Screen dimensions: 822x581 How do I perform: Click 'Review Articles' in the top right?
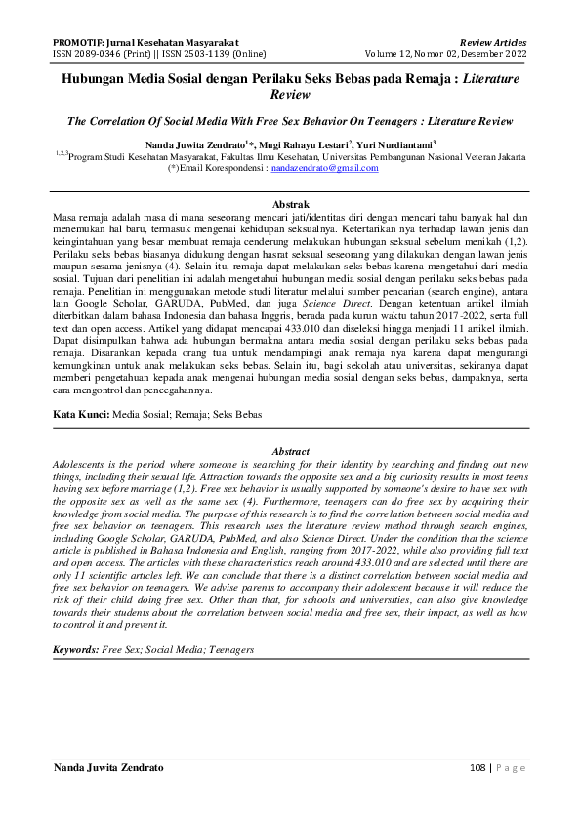pyautogui.click(x=493, y=43)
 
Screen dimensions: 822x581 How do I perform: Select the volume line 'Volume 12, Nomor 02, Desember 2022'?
pyautogui.click(x=446, y=54)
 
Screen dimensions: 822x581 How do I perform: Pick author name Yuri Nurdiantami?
pyautogui.click(x=408, y=143)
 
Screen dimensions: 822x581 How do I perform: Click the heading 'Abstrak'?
pyautogui.click(x=290, y=204)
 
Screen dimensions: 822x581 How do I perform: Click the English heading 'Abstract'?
pyautogui.click(x=290, y=451)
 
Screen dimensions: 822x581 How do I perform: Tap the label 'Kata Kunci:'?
pyautogui.click(x=81, y=415)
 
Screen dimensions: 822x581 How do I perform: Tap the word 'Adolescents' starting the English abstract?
pyautogui.click(x=82, y=463)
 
